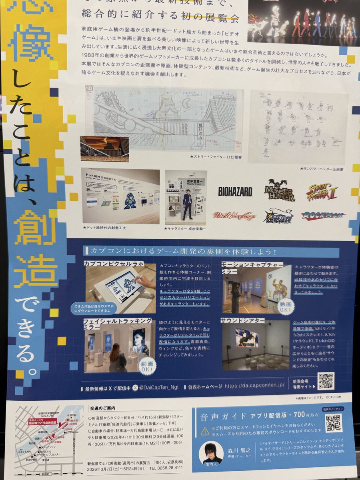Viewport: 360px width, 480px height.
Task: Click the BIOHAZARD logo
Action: click(235, 192)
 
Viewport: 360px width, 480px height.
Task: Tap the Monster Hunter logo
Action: click(280, 190)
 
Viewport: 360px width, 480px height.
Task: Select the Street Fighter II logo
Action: click(322, 192)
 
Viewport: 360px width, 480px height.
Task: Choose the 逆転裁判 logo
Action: click(278, 216)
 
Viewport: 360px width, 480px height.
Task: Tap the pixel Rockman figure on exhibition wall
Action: click(130, 200)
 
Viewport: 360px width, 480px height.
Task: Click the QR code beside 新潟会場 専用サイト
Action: click(325, 381)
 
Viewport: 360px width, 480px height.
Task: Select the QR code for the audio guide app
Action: click(333, 423)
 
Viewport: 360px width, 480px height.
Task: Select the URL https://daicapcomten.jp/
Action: click(254, 386)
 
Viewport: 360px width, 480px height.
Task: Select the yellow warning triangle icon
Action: click(205, 430)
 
